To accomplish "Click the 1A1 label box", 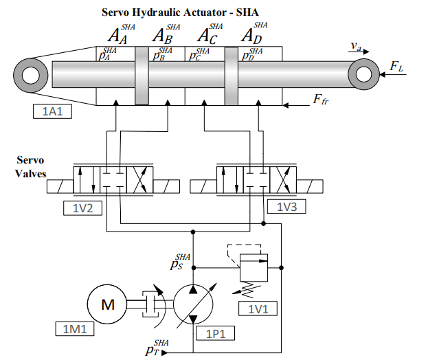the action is click(52, 111).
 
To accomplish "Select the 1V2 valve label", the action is click(82, 208).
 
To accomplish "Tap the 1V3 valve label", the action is click(286, 207).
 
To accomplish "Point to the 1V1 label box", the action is click(258, 308).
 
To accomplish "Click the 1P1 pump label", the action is click(215, 333).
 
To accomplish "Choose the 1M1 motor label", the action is click(75, 328).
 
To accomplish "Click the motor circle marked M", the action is click(107, 304).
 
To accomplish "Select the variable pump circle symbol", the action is click(193, 304).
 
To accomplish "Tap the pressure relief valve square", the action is click(254, 268).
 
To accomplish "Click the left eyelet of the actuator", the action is click(31, 76).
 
